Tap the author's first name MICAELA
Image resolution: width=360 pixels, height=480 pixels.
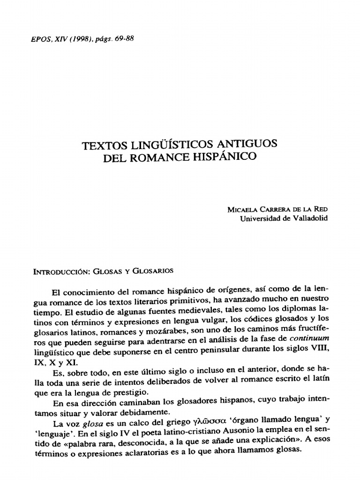240,210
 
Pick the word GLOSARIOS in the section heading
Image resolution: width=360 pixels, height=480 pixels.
153,270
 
